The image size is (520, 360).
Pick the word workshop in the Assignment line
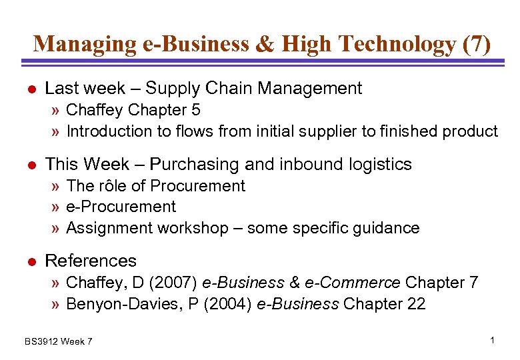click(193, 228)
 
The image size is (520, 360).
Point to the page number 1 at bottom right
click(492, 341)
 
